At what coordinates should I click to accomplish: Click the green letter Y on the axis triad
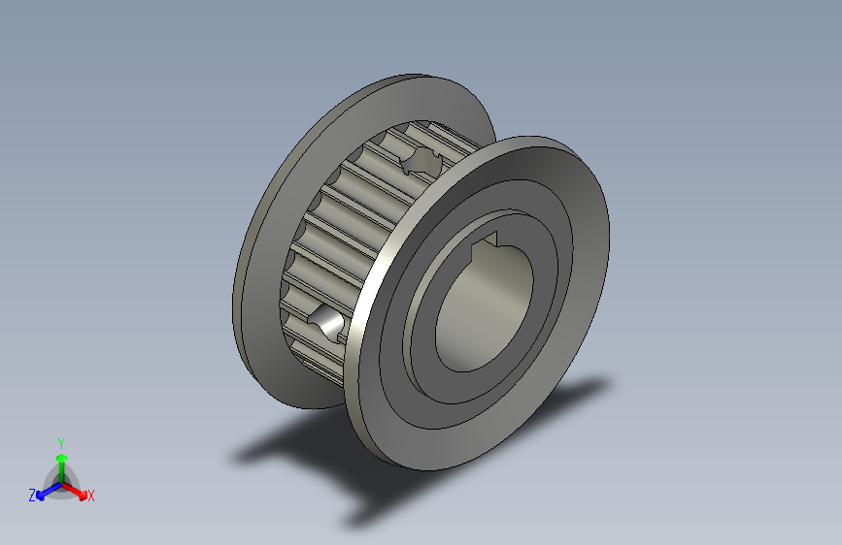(x=60, y=441)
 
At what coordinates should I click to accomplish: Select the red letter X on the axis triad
(x=91, y=496)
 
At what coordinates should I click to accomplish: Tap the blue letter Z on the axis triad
(x=32, y=495)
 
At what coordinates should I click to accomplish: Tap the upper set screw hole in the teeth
(x=423, y=161)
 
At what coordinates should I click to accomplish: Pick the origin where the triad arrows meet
(x=61, y=482)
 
